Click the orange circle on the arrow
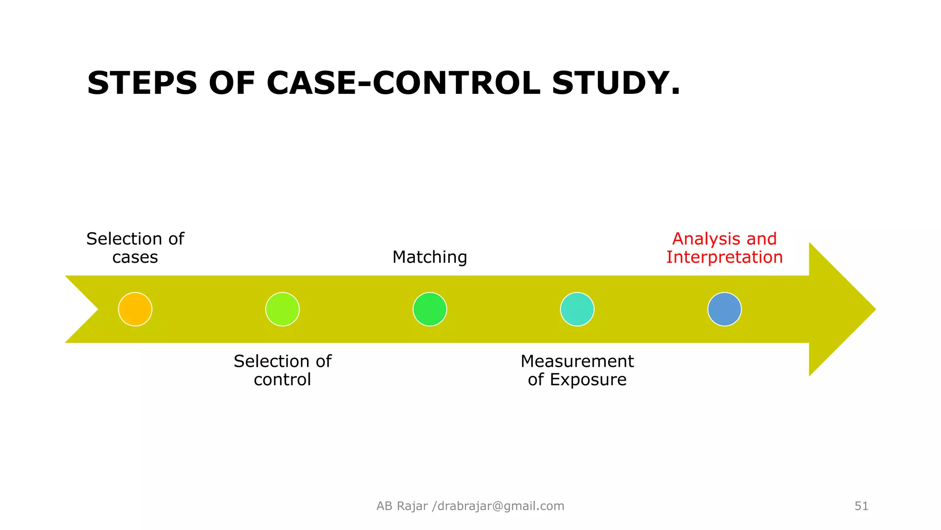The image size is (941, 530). pyautogui.click(x=135, y=309)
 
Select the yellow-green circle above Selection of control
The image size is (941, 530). pyautogui.click(x=283, y=309)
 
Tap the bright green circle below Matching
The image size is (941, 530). pyautogui.click(x=430, y=309)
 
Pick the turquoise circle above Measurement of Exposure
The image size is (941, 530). pyautogui.click(x=577, y=309)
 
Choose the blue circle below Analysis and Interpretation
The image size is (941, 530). pyautogui.click(x=725, y=309)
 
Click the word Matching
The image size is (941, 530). pyautogui.click(x=430, y=257)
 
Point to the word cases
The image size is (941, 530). pyautogui.click(x=135, y=257)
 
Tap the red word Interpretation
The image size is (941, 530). pyautogui.click(x=725, y=257)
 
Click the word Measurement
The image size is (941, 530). pyautogui.click(x=577, y=361)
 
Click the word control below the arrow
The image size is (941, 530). pyautogui.click(x=283, y=380)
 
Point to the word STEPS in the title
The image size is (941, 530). pyautogui.click(x=142, y=83)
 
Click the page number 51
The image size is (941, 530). pyautogui.click(x=862, y=506)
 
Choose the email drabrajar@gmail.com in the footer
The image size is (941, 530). pyautogui.click(x=501, y=506)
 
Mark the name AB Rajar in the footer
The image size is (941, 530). pyautogui.click(x=402, y=506)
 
